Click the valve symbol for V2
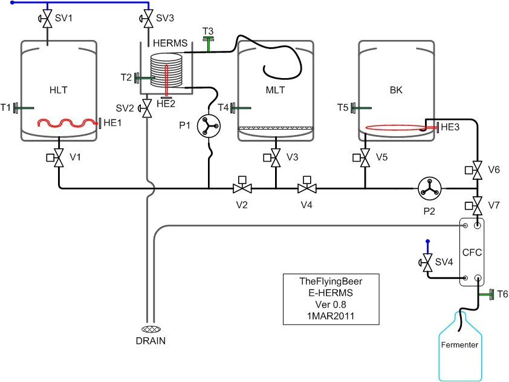pyautogui.click(x=242, y=188)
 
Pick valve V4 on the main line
pyautogui.click(x=306, y=188)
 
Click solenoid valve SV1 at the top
pyautogui.click(x=47, y=19)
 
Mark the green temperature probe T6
pyautogui.click(x=486, y=294)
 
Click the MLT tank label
pyautogui.click(x=275, y=90)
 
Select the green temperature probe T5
pyautogui.click(x=358, y=108)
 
